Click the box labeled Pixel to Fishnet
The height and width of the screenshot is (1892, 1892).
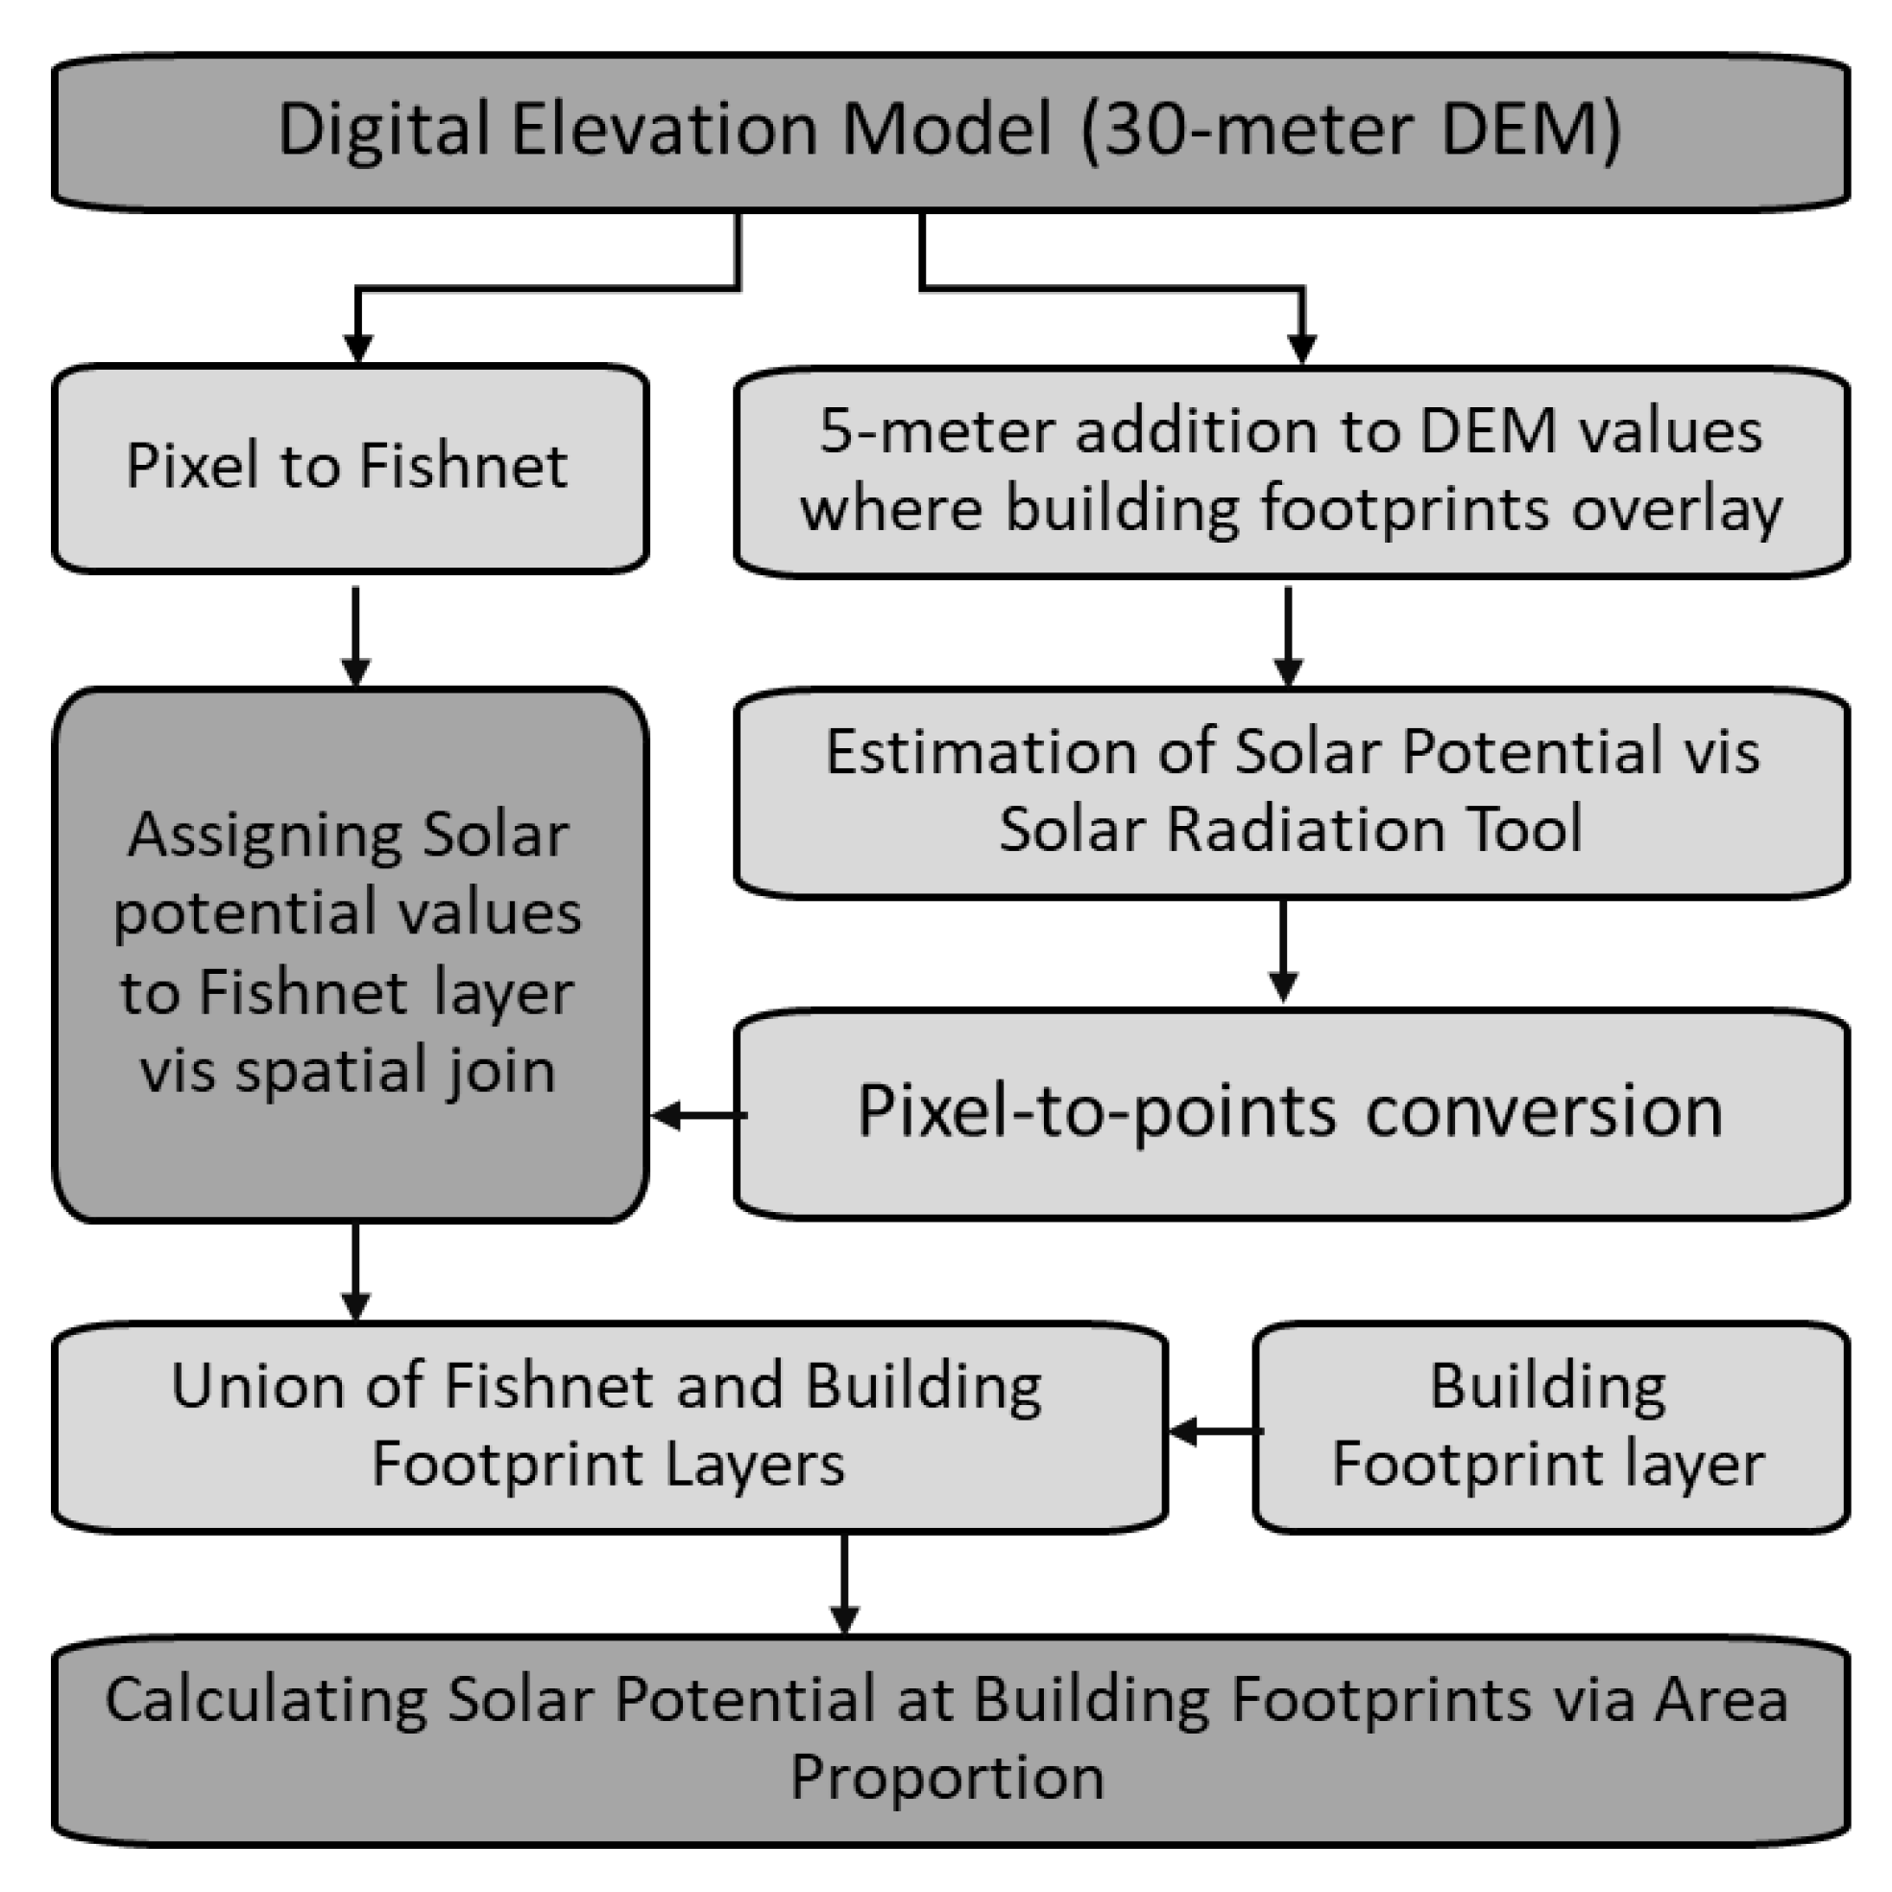pyautogui.click(x=350, y=468)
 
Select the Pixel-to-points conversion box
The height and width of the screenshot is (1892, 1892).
pyautogui.click(x=1291, y=1113)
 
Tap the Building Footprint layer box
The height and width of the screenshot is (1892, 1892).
pyautogui.click(x=1550, y=1427)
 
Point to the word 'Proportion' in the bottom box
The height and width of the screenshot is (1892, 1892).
pyautogui.click(x=947, y=1778)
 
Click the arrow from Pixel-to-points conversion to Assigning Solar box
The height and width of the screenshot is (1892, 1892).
pyautogui.click(x=697, y=1115)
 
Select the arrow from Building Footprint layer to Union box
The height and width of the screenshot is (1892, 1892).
pyautogui.click(x=1214, y=1431)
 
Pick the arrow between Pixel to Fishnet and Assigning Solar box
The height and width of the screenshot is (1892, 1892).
pyautogui.click(x=355, y=635)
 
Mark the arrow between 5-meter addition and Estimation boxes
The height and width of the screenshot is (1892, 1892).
pyautogui.click(x=1288, y=635)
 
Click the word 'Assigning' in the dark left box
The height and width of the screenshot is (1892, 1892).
pyautogui.click(x=262, y=836)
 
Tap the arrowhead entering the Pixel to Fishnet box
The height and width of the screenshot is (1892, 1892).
pyautogui.click(x=357, y=349)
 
